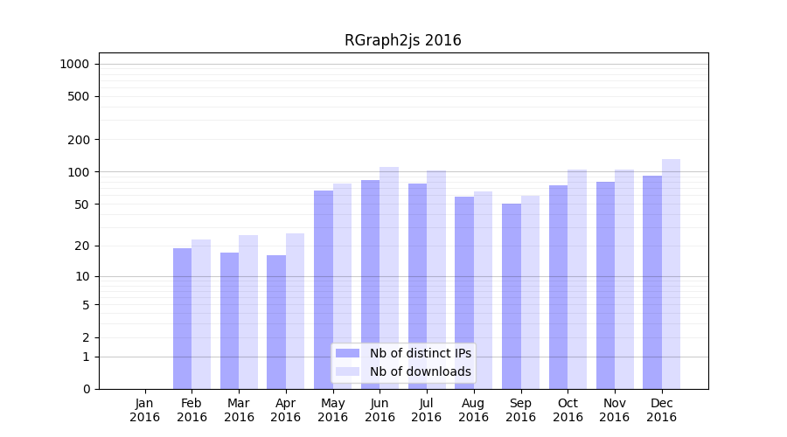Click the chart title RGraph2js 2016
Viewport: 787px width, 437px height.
coord(402,41)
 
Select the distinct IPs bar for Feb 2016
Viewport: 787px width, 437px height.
coord(182,318)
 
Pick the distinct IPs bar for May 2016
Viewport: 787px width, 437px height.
coord(324,289)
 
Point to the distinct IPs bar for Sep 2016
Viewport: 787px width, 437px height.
coord(512,296)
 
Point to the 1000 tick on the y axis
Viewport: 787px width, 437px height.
coord(74,64)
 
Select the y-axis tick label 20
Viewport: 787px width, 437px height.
coord(81,246)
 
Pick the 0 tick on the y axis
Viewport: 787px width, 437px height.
coord(86,389)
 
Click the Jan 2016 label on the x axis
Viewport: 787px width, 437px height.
coord(145,410)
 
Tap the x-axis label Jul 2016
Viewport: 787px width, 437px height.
coord(427,410)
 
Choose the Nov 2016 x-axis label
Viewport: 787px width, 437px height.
coord(615,410)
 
